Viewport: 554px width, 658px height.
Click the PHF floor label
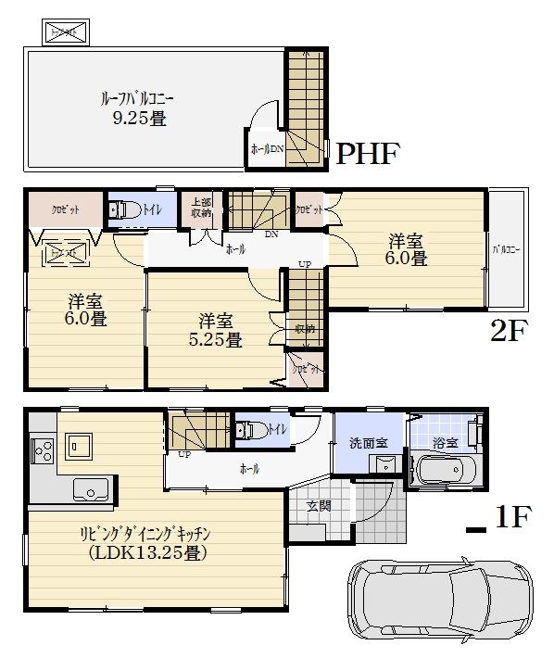click(366, 153)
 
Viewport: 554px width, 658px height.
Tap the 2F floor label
click(508, 331)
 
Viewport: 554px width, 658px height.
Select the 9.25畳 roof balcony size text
click(134, 118)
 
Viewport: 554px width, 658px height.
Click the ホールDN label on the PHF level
click(267, 148)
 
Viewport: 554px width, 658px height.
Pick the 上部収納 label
click(201, 208)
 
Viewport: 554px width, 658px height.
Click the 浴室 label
click(446, 443)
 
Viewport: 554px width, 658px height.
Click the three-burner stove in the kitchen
click(42, 452)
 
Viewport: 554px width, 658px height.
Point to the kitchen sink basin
click(91, 488)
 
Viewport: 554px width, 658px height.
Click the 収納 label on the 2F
click(304, 328)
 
